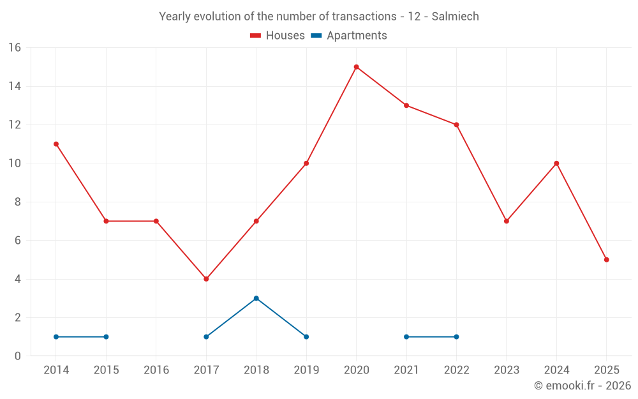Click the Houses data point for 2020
tap(356, 67)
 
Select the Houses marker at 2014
tap(56, 144)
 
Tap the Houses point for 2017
tap(206, 279)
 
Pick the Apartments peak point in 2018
tap(256, 298)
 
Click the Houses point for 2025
tap(606, 260)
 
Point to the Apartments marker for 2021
tap(406, 336)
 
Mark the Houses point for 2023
tap(507, 221)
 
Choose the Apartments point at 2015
tap(106, 336)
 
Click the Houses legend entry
tap(278, 36)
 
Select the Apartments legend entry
tap(349, 36)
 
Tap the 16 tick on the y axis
tap(15, 48)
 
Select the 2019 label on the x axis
tap(306, 370)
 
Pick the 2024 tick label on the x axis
tap(556, 370)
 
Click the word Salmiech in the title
tap(455, 17)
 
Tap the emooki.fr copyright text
tap(582, 386)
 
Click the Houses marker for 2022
tap(456, 124)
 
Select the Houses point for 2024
tap(556, 163)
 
